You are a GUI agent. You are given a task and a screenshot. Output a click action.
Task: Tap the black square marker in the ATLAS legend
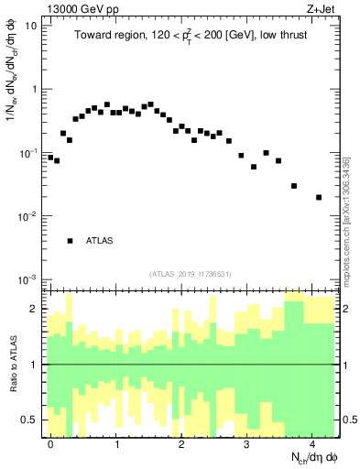(70, 241)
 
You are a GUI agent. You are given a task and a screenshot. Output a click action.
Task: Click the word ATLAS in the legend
(100, 241)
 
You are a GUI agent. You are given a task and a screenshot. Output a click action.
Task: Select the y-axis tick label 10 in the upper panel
(31, 26)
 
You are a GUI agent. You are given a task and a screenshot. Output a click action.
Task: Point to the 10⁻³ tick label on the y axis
(29, 279)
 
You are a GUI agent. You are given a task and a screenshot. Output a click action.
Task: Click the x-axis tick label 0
(51, 443)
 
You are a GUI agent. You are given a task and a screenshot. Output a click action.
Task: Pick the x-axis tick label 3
(247, 443)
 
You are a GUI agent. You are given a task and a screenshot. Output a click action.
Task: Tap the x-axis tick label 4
(312, 443)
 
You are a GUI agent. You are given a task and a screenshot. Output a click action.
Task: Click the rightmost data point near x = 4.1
(319, 197)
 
